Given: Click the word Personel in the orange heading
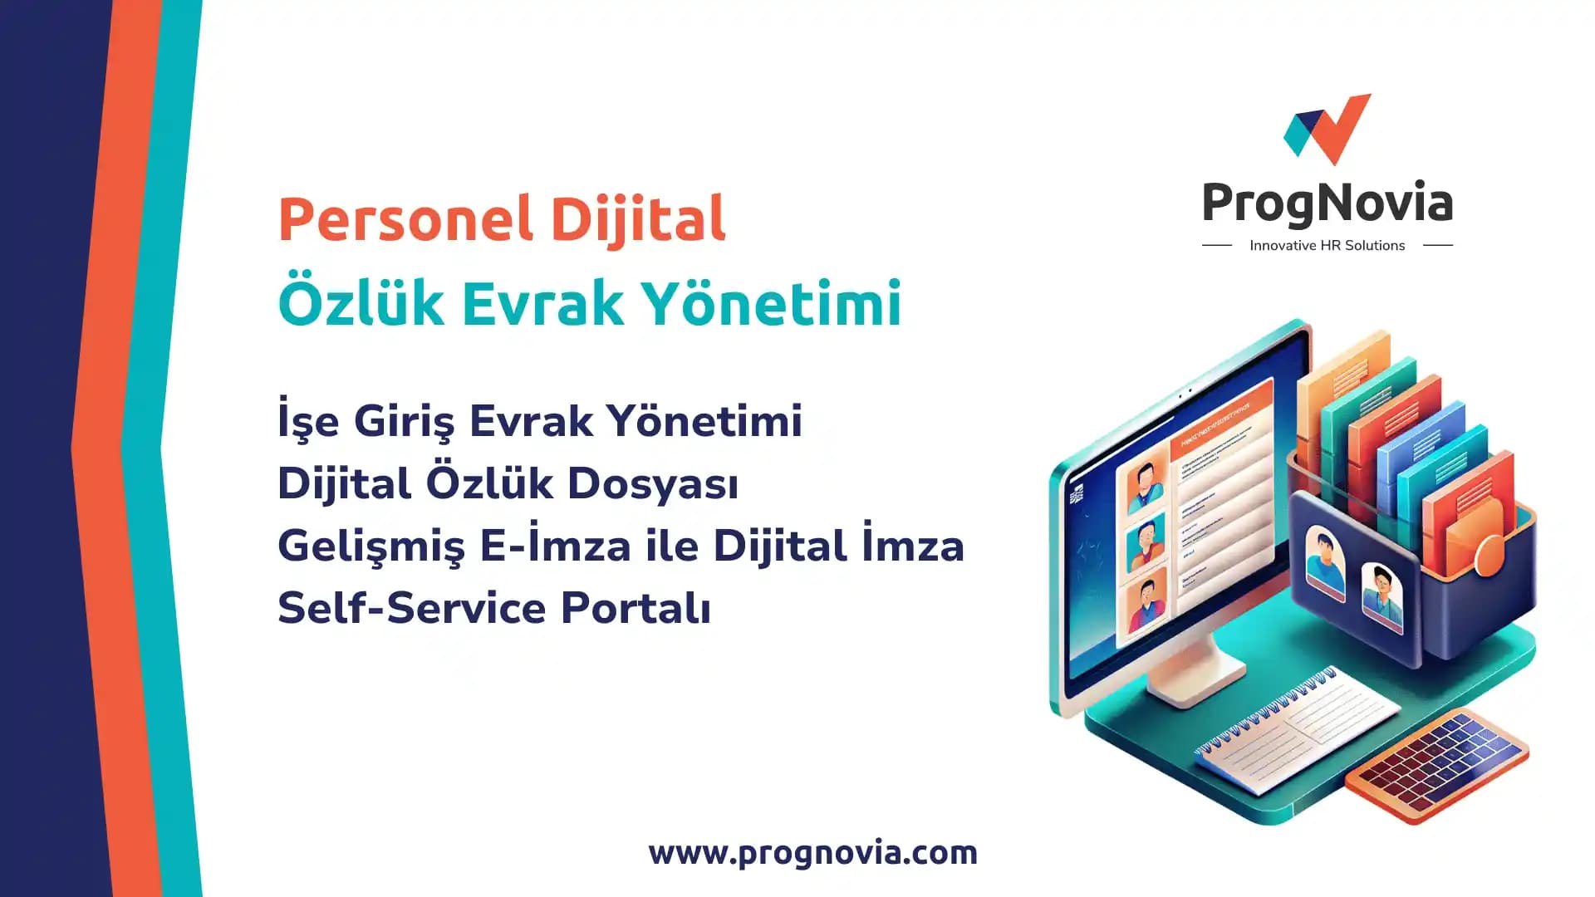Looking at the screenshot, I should coord(405,219).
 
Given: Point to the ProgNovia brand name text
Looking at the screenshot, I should coord(1327,203).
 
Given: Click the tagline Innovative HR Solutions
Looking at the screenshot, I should coord(1327,246).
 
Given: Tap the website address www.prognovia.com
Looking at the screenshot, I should coord(812,853).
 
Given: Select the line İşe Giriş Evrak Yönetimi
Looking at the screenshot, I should coord(540,420).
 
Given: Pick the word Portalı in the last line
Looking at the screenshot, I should coord(636,608).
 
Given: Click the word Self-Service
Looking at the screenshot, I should coord(412,608).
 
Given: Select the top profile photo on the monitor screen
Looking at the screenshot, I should coord(1146,486).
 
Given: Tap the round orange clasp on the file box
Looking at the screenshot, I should coord(1489,555).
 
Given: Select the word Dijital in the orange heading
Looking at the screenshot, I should coord(638,219).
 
